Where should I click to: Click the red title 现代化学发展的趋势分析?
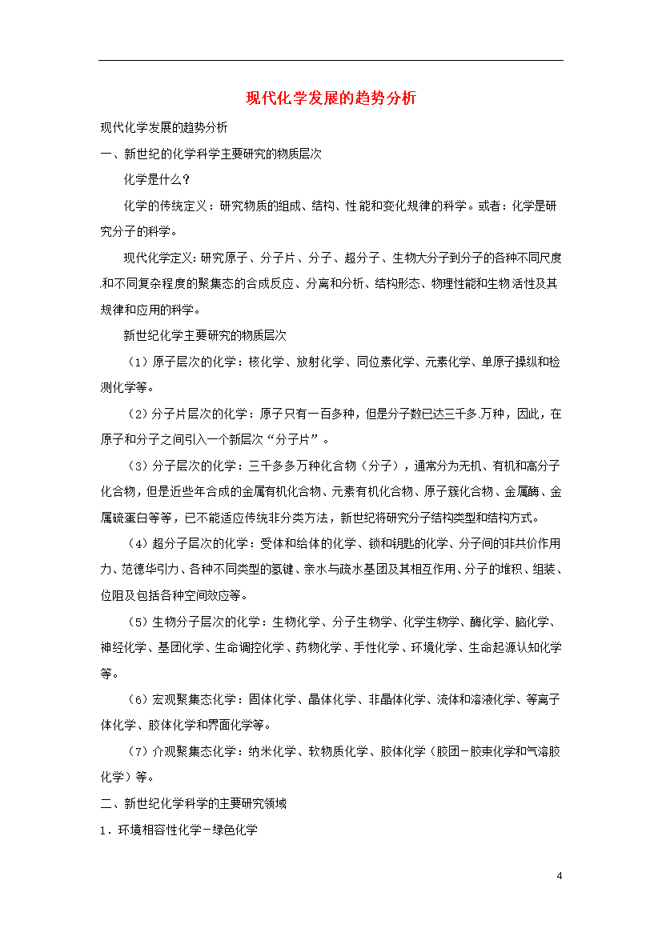pyautogui.click(x=331, y=98)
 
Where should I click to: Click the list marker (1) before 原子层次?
pyautogui.click(x=137, y=362)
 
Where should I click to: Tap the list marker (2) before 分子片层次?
pyautogui.click(x=137, y=414)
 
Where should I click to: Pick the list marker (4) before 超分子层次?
pyautogui.click(x=137, y=543)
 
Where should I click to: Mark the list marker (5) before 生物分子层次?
pyautogui.click(x=137, y=622)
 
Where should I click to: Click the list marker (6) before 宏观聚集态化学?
pyautogui.click(x=137, y=699)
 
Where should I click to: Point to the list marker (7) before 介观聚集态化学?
pyautogui.click(x=137, y=751)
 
